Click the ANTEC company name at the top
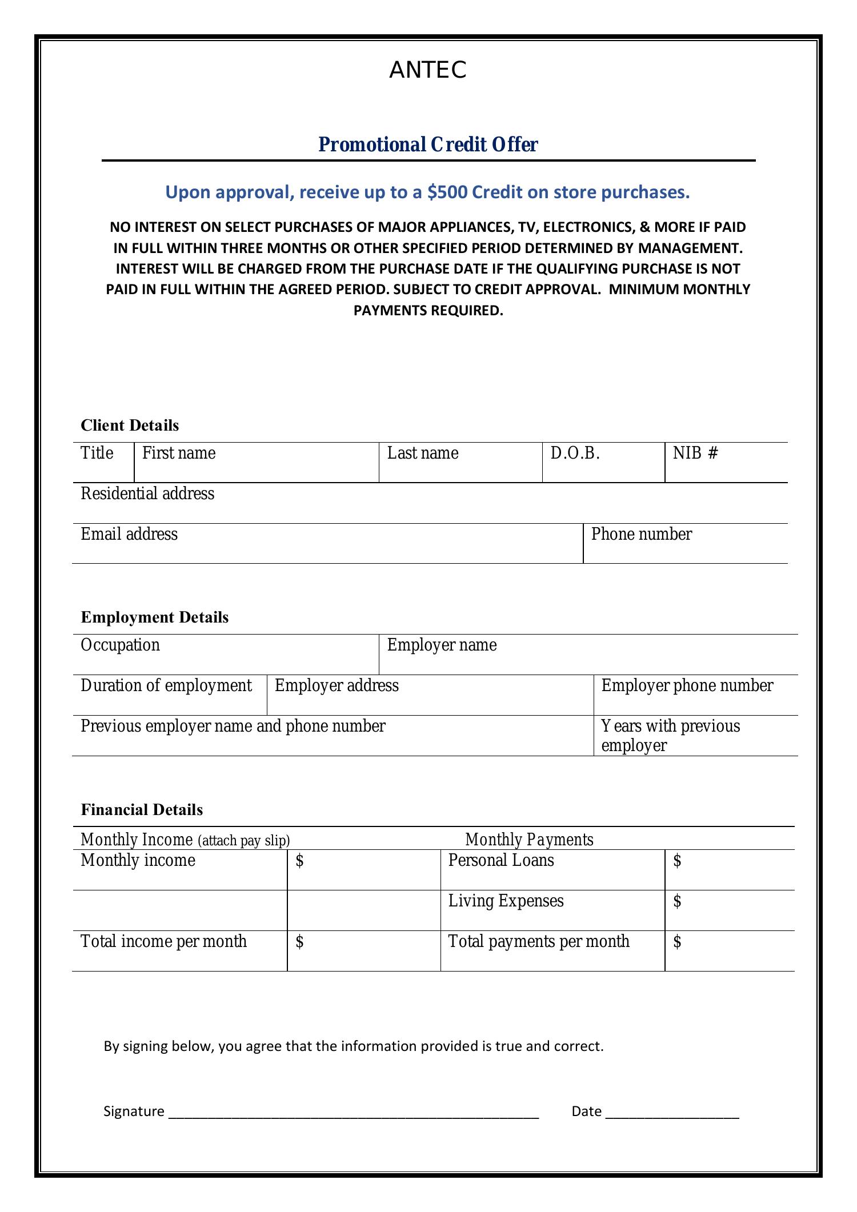click(427, 70)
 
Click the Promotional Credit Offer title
click(427, 145)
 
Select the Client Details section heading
click(130, 426)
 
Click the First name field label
click(179, 454)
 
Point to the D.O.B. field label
click(575, 454)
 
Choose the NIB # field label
click(695, 454)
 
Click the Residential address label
click(147, 494)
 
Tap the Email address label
click(129, 535)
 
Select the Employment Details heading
click(154, 617)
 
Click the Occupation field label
click(120, 645)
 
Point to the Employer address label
click(337, 686)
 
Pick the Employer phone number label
click(687, 686)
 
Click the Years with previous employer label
click(670, 736)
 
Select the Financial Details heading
click(142, 810)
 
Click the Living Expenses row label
click(506, 901)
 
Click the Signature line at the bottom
click(354, 1111)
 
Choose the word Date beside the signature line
click(586, 1111)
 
